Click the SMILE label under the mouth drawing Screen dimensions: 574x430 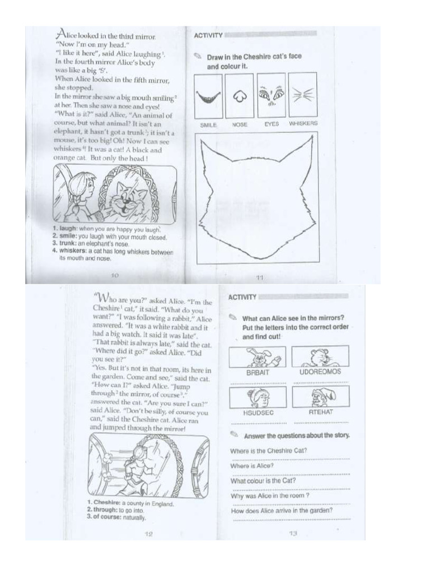coord(208,124)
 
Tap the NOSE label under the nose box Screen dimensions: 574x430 coord(240,124)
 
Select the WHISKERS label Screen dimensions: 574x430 coord(303,123)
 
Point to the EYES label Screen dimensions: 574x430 coord(272,124)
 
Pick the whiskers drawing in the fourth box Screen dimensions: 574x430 coord(302,95)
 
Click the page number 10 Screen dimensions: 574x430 coord(115,275)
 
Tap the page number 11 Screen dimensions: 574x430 coord(259,277)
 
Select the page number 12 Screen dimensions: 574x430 coord(148,534)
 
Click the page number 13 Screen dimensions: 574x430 coord(292,534)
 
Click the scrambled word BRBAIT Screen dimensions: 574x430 coord(258,372)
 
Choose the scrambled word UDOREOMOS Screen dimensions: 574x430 coord(320,372)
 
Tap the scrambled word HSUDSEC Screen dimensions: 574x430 coord(258,412)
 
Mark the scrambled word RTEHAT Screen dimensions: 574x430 coord(321,412)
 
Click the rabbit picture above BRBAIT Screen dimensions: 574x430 coord(258,357)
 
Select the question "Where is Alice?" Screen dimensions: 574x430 coord(251,466)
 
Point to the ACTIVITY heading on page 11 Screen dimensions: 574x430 coord(208,35)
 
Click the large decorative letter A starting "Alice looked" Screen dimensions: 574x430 coord(62,34)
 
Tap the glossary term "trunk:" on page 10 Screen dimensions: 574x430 coord(64,244)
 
